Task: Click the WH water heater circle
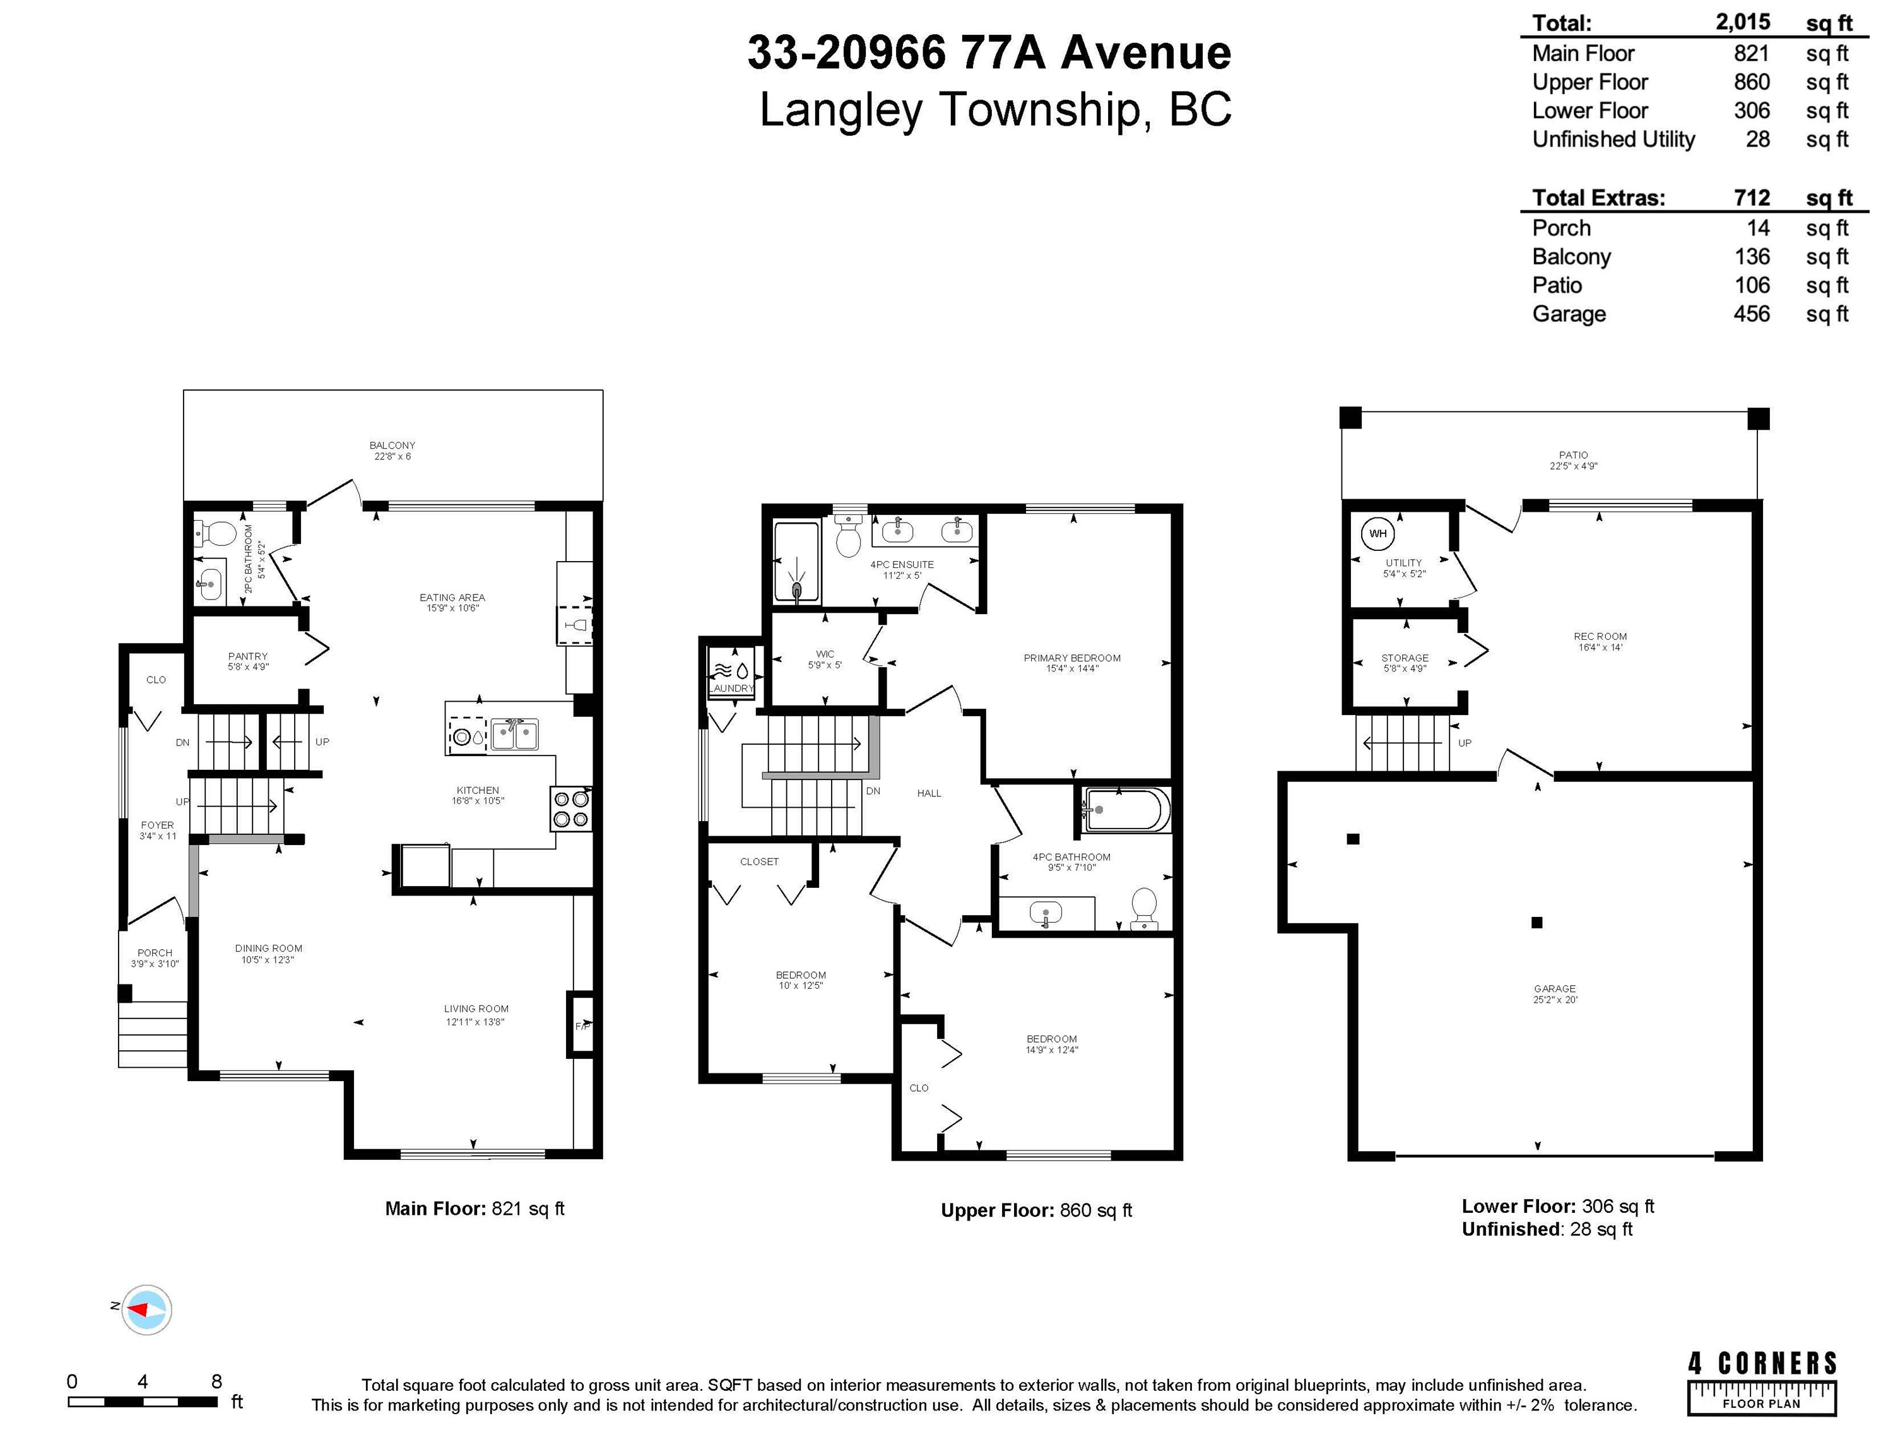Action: tap(1378, 534)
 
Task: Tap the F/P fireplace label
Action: tap(583, 1026)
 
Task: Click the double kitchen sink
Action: tap(515, 735)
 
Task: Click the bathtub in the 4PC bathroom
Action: tap(1126, 810)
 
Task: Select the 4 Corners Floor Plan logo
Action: tap(1762, 1383)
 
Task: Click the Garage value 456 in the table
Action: tap(1752, 314)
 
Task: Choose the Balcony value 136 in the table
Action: tap(1752, 257)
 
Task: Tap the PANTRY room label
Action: tap(248, 656)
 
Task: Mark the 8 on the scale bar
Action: tap(216, 1381)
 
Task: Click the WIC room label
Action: tap(825, 654)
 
